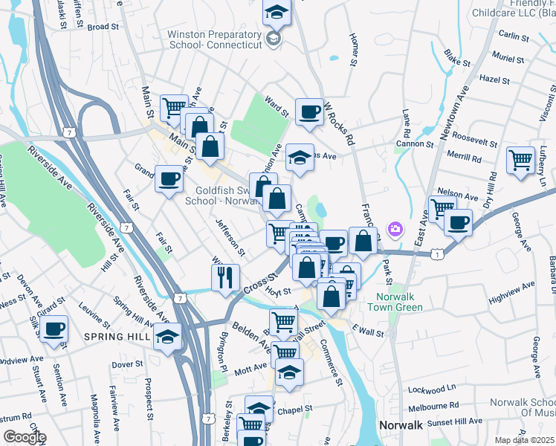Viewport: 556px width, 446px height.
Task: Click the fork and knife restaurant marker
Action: point(225,278)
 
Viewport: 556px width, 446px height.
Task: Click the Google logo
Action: point(24,437)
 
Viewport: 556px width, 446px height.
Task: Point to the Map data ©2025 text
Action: point(524,440)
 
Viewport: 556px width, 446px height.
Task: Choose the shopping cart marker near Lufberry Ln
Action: point(521,160)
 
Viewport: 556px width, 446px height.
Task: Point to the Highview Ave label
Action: point(513,291)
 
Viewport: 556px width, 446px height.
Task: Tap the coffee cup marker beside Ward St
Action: point(309,111)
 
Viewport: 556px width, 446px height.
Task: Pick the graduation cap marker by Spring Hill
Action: point(168,337)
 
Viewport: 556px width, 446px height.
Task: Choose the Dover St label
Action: point(128,364)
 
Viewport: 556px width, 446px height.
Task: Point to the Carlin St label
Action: point(514,35)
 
